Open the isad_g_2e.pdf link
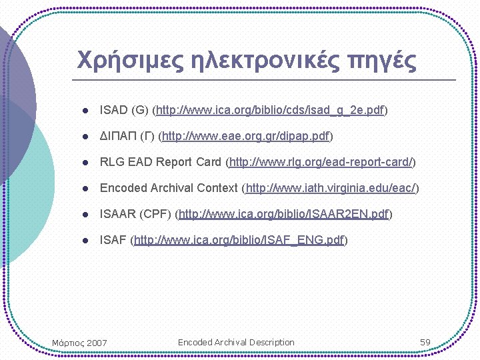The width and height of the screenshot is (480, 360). pos(270,110)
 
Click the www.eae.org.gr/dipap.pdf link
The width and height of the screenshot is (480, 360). pos(246,136)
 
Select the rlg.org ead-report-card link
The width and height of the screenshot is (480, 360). pos(321,162)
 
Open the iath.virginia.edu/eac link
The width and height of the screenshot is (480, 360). pos(331,188)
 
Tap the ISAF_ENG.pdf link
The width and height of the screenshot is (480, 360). pos(239,240)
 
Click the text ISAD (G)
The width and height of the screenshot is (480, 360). pos(124,110)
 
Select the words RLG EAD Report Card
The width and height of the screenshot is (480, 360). pos(161,162)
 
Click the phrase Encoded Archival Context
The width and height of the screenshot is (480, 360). pos(169,188)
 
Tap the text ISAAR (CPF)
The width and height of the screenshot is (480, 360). pos(135,214)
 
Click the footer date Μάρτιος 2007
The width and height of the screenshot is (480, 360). pos(79,343)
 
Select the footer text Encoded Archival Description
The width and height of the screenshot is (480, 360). pos(236,342)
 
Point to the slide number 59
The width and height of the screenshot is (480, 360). pos(425,342)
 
